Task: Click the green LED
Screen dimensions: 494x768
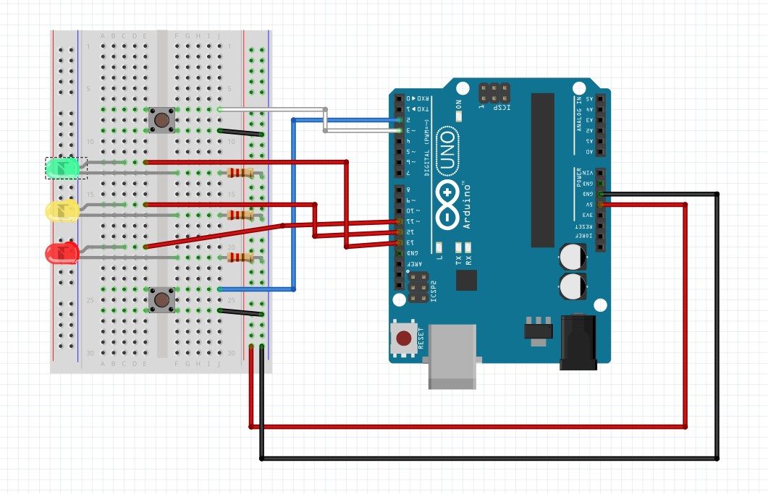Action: tap(62, 168)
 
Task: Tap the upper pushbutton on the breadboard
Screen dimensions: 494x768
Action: tap(161, 119)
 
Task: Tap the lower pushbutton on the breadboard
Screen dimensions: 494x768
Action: tap(161, 299)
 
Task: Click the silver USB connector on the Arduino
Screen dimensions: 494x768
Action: tap(452, 356)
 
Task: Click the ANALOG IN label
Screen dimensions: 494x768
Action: tap(578, 116)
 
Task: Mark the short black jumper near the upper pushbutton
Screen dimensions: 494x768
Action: tap(240, 132)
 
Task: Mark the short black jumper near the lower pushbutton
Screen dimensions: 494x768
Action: tap(240, 312)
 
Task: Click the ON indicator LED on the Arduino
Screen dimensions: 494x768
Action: tap(459, 114)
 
